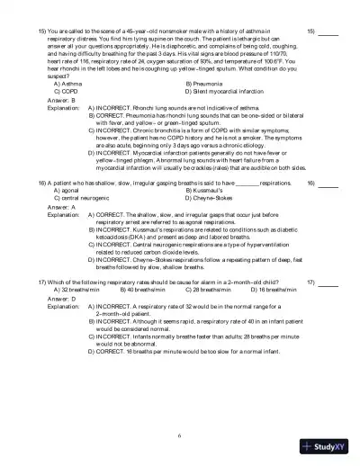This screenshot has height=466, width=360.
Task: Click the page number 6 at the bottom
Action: pos(180,435)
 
